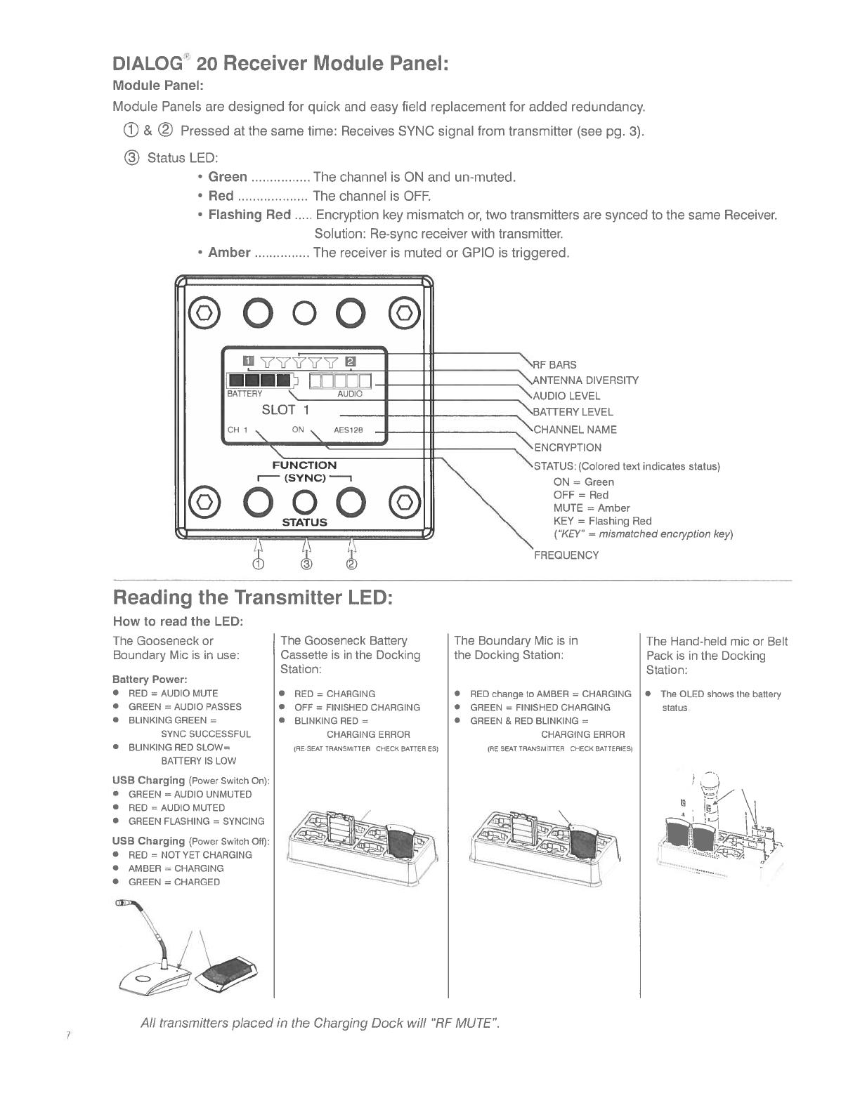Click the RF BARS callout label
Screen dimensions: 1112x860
555,364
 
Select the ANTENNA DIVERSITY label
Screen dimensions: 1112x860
587,380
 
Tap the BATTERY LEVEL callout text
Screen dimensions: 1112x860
573,412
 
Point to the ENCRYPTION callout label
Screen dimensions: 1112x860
568,447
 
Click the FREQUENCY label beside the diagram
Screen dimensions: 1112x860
566,555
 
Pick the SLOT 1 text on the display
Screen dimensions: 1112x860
285,409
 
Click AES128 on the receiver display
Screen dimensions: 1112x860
348,430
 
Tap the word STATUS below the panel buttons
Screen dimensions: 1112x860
304,522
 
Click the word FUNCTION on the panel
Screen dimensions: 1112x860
304,465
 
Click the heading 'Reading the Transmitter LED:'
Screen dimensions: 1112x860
252,598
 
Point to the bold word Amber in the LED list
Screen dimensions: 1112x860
229,252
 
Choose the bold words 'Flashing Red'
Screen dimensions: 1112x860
249,214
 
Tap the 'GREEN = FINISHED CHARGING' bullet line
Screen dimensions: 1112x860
540,708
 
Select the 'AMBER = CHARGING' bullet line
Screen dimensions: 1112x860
176,868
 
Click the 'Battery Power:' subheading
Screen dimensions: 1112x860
150,680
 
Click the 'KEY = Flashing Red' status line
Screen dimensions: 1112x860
602,521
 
